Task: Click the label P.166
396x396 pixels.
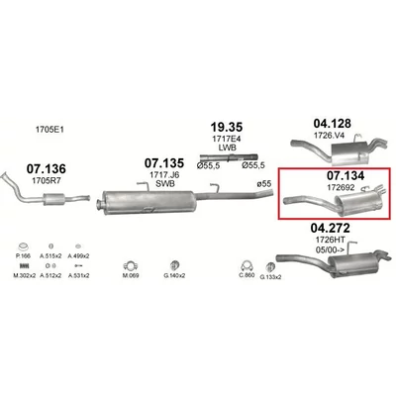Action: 24,254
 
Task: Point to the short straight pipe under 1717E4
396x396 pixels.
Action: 229,159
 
